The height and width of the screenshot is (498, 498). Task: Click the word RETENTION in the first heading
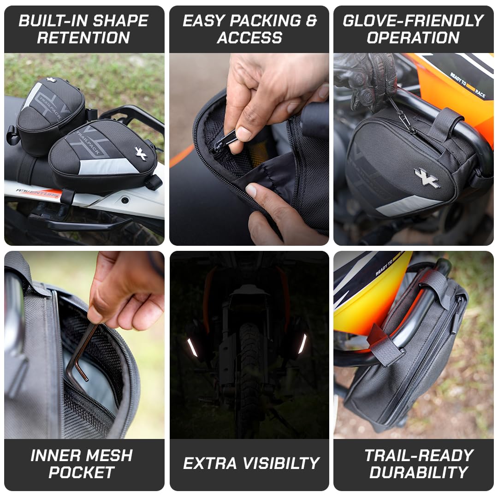tap(83, 37)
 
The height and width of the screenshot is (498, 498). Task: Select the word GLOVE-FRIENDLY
tap(413, 21)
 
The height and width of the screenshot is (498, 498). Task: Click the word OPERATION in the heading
tap(413, 37)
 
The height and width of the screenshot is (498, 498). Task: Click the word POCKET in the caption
tap(82, 472)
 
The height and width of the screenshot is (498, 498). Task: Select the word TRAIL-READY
tap(419, 456)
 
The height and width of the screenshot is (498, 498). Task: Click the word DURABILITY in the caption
tap(419, 472)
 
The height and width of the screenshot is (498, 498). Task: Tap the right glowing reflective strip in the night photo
tap(302, 344)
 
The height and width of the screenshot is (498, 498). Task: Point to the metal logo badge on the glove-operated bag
tap(427, 178)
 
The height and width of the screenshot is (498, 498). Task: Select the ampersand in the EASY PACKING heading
tap(311, 21)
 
